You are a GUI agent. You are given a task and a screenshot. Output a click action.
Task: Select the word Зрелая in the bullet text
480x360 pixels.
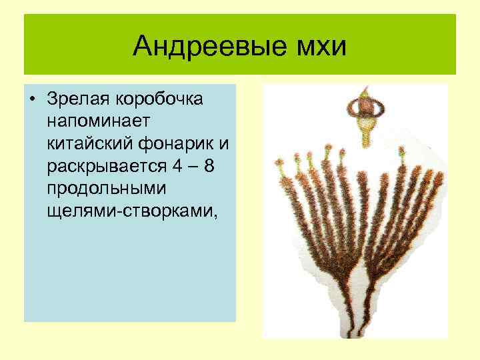point(79,99)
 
